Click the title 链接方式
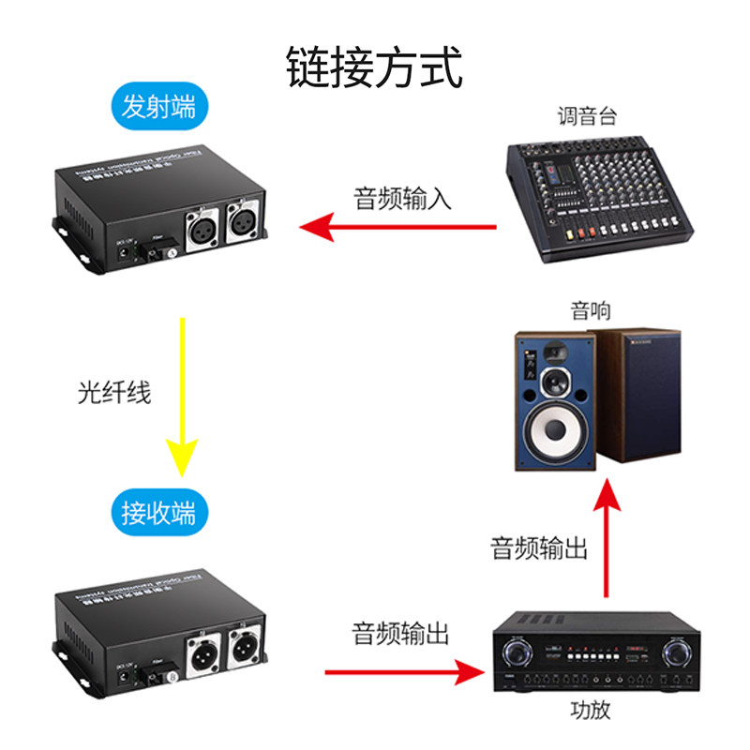point(374,67)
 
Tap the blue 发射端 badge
point(158,108)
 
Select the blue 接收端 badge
point(158,513)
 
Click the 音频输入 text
point(402,199)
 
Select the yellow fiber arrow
point(182,394)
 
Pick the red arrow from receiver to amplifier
point(403,671)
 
